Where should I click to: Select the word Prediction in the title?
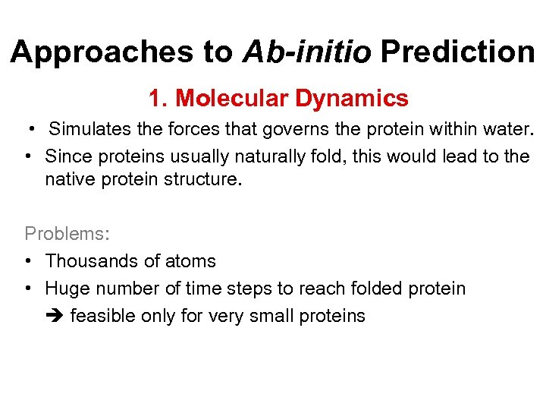(457, 52)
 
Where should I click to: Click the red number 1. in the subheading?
(158, 99)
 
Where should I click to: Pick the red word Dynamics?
(352, 99)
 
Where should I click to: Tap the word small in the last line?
(254, 316)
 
